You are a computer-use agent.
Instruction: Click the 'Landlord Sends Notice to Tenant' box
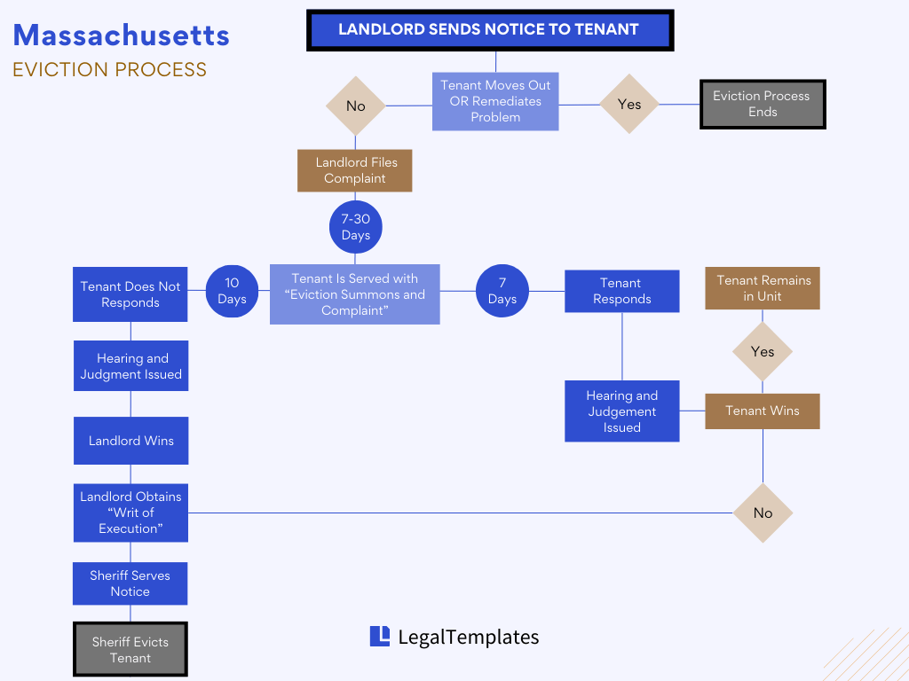tap(489, 29)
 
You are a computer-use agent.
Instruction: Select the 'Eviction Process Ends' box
tap(762, 105)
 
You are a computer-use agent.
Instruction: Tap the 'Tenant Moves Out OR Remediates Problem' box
tap(495, 101)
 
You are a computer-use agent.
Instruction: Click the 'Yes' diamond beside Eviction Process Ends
tap(628, 105)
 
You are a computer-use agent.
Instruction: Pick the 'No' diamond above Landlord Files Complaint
tap(355, 106)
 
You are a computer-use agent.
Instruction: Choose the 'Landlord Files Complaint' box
tap(355, 170)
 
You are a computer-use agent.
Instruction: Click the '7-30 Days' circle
tap(355, 227)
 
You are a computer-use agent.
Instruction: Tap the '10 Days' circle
tap(232, 291)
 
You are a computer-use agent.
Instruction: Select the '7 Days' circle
tap(502, 291)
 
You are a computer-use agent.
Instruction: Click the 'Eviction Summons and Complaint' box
tap(354, 294)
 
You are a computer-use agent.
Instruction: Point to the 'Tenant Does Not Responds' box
tap(130, 294)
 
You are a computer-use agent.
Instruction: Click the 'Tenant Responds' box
tap(621, 291)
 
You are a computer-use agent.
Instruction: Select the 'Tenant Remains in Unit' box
tap(763, 288)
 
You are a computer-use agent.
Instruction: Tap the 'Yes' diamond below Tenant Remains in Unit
tap(763, 352)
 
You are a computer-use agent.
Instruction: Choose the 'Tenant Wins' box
tap(763, 411)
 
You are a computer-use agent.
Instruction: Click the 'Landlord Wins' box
tap(130, 441)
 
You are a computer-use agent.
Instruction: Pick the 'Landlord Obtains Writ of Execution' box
tap(130, 513)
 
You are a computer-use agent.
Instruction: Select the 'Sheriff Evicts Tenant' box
tap(130, 650)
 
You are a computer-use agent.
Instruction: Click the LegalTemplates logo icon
tap(380, 636)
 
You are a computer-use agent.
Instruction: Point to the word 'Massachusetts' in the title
tap(122, 35)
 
